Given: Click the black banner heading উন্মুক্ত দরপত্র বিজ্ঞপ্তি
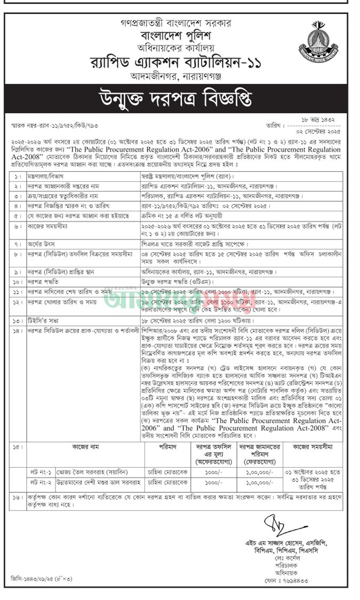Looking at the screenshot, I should click(x=180, y=100).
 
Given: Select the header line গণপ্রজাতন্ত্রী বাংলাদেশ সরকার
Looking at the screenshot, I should click(x=181, y=24).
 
